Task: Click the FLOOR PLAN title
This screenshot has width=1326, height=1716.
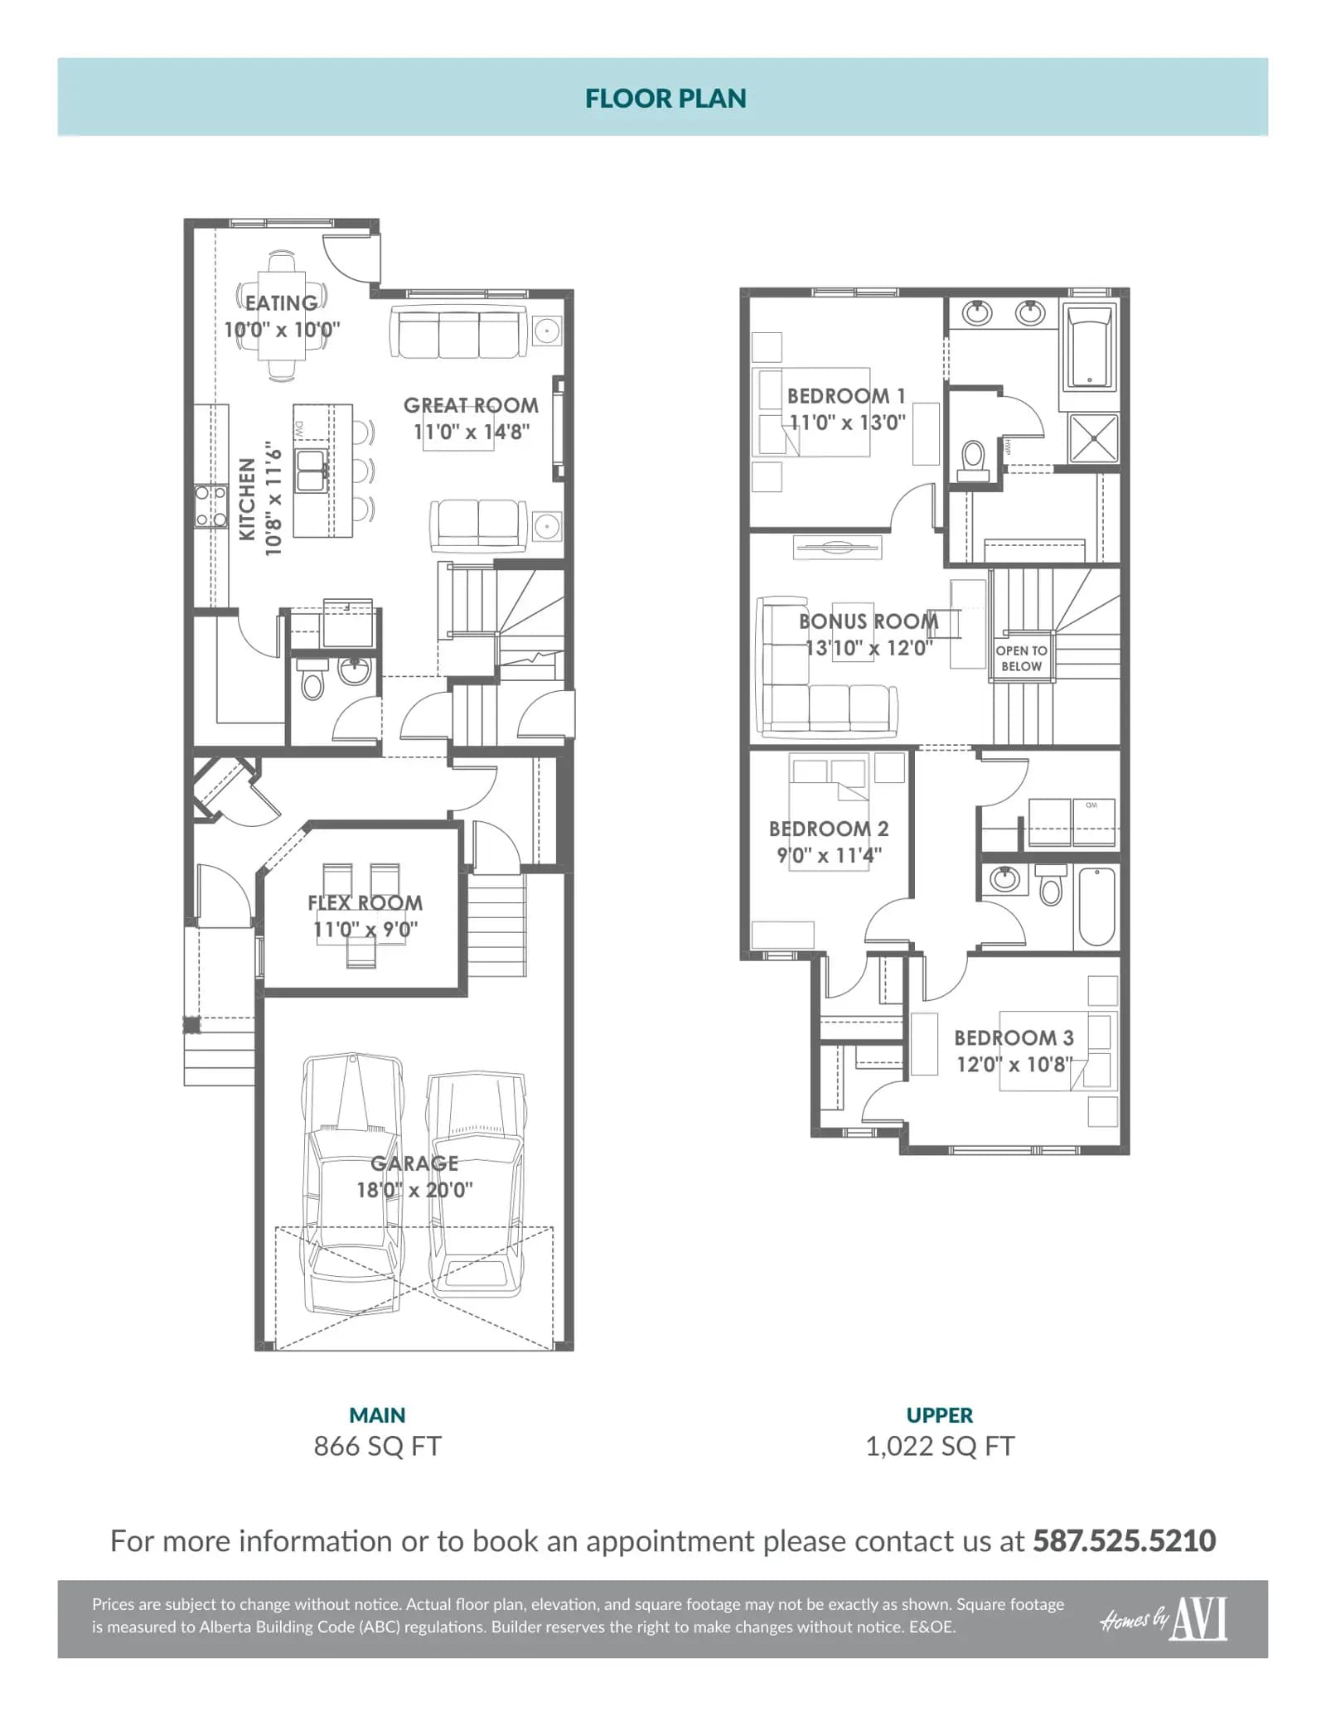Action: click(665, 99)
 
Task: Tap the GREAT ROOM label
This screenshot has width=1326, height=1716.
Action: click(471, 405)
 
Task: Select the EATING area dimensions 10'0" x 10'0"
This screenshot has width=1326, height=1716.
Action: click(282, 330)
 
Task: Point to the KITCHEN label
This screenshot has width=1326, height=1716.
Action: click(247, 500)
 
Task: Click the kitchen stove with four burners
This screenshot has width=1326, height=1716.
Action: click(211, 506)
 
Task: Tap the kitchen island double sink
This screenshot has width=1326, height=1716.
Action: click(312, 471)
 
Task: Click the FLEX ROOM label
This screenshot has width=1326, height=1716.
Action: click(365, 902)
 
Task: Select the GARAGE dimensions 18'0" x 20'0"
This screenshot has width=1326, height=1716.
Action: click(414, 1190)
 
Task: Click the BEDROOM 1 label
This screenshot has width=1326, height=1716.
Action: click(846, 396)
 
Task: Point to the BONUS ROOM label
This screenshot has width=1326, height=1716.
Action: click(869, 621)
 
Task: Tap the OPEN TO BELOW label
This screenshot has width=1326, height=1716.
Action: click(1021, 659)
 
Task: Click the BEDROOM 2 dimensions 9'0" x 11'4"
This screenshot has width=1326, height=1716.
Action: click(829, 855)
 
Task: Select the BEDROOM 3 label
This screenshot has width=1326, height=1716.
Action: click(1014, 1037)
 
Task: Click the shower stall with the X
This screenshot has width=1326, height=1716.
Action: click(1094, 437)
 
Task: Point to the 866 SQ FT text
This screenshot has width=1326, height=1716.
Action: click(377, 1446)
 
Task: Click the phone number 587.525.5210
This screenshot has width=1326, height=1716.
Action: click(1124, 1540)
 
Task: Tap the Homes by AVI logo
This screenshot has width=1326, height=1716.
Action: click(1164, 1619)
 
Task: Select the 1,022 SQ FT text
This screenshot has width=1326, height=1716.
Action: click(940, 1446)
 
